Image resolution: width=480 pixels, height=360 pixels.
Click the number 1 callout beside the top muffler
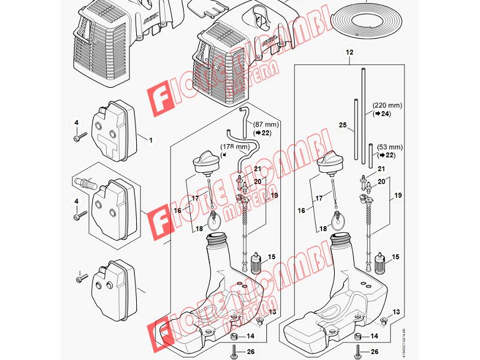(151, 140)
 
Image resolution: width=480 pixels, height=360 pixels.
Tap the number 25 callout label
(342, 125)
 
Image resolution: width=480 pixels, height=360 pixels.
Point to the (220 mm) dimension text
(386, 104)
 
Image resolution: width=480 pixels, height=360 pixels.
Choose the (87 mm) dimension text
(265, 124)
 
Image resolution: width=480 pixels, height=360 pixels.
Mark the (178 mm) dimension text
(235, 146)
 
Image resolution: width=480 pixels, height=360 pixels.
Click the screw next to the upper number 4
(78, 139)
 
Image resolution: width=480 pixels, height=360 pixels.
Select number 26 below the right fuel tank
(375, 352)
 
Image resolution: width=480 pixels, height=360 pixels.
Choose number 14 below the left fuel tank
(250, 337)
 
